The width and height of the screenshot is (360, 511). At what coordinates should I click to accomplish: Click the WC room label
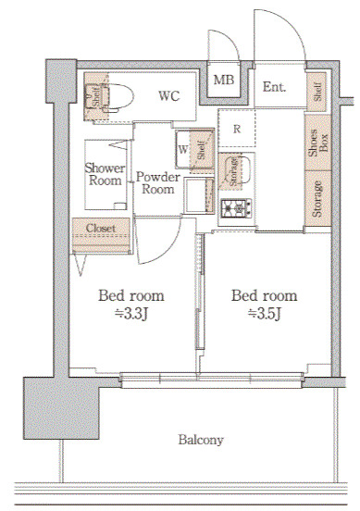point(169,96)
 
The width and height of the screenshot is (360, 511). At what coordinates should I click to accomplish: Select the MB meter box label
point(224,80)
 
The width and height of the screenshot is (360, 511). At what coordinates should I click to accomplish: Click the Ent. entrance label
point(274,87)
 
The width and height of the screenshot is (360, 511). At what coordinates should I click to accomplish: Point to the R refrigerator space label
point(237,129)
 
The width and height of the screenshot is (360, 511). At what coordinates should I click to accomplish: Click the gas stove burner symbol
point(236,208)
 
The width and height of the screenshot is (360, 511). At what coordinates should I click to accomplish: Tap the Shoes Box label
point(318,143)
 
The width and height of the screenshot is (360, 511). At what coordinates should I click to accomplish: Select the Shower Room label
point(105,174)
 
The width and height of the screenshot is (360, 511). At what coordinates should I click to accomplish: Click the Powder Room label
point(158,182)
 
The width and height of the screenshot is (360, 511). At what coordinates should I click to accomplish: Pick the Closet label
point(101,228)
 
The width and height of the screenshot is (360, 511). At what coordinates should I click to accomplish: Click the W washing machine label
point(183,149)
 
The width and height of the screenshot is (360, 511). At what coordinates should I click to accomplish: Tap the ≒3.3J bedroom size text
point(131,314)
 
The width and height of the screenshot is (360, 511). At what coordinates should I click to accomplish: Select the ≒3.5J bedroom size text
point(265,314)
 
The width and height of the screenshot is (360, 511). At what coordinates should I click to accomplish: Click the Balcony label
point(201,440)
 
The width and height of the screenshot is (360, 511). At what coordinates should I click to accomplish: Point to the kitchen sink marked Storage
point(235,171)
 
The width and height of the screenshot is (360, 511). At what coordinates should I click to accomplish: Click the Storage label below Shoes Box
point(317,199)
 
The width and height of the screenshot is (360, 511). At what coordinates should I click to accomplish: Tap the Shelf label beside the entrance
point(317,92)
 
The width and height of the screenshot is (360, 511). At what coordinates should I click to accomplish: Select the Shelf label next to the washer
point(202,150)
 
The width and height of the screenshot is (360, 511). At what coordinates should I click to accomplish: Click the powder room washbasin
point(198,196)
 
